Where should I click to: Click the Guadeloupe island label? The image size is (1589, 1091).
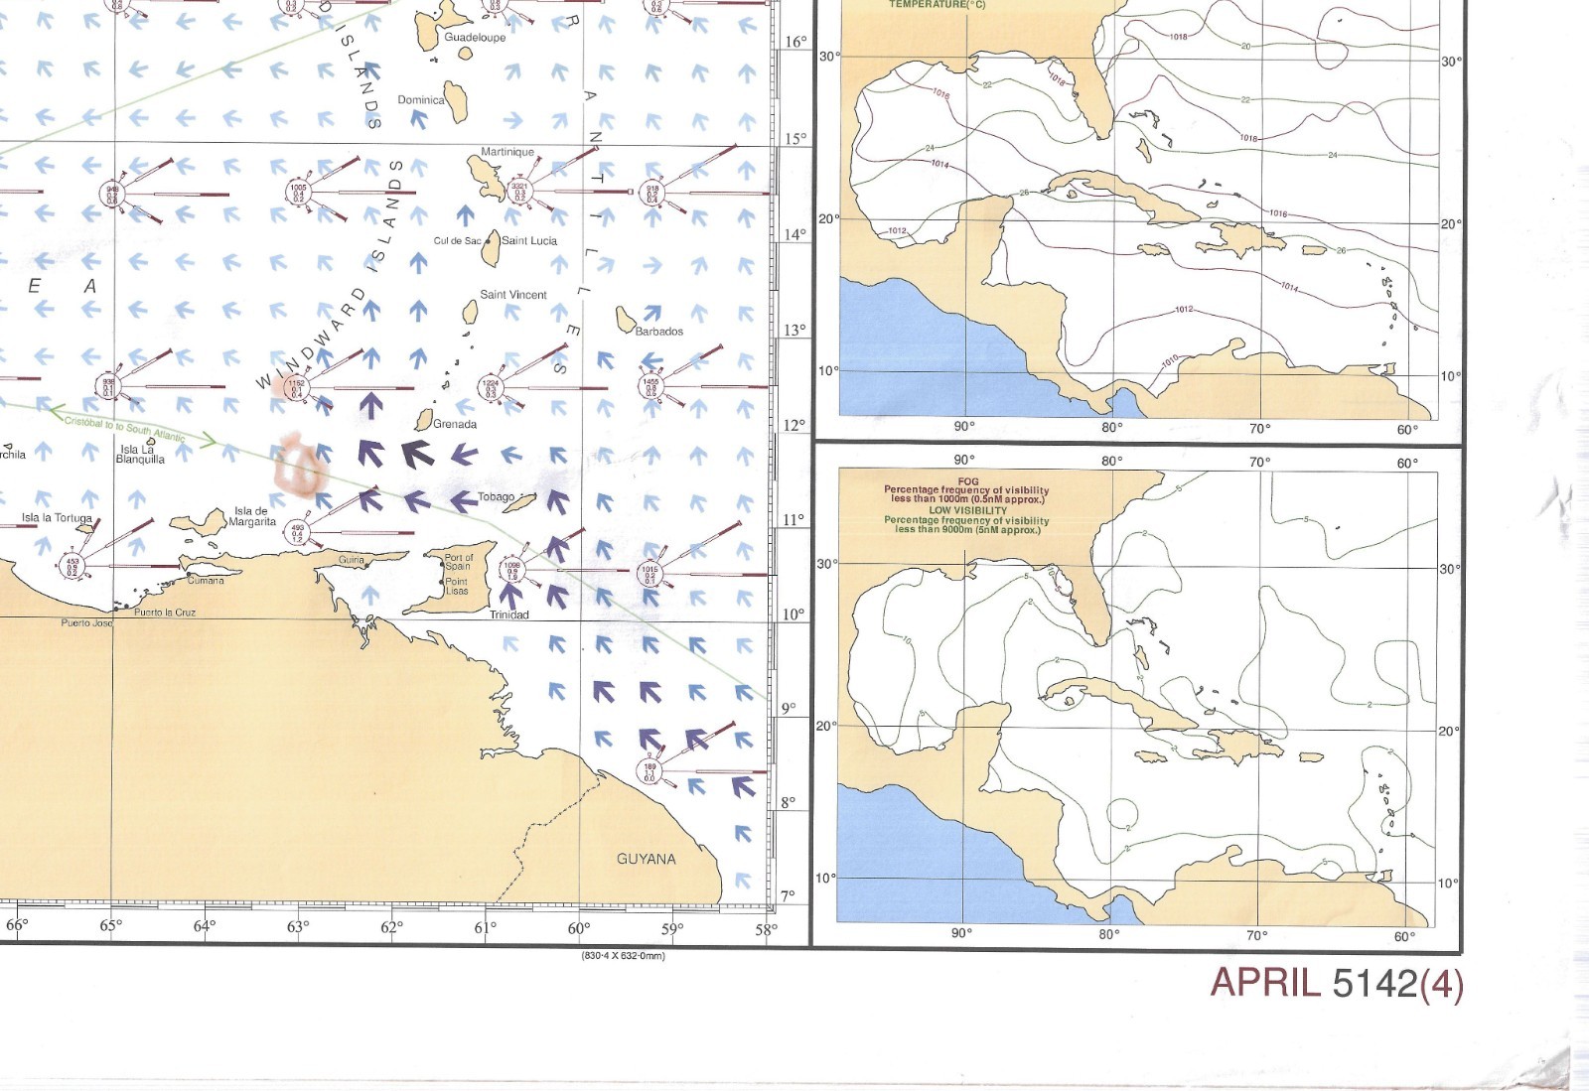pos(475,38)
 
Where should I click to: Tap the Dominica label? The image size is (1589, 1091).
pos(420,100)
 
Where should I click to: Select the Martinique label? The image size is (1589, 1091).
pos(507,153)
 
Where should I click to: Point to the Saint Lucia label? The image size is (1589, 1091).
pos(529,241)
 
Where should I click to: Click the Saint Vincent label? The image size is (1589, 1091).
pos(513,295)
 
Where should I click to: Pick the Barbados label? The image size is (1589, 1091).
pos(659,332)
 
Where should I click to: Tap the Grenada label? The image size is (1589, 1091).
pos(455,425)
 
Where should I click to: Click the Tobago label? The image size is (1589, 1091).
pos(497,497)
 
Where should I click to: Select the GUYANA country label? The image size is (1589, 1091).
pos(647,860)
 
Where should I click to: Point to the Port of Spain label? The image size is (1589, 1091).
pos(458,562)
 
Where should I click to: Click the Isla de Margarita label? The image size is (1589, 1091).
pos(251,517)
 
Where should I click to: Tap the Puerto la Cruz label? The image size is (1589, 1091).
pos(165,613)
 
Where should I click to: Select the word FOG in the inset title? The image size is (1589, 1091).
pos(968,481)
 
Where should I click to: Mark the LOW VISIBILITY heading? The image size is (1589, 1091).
pos(967,510)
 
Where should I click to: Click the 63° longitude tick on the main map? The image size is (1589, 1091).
pos(297,927)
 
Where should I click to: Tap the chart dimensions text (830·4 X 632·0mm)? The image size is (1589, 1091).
pos(623,956)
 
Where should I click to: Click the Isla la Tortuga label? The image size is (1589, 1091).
pos(57,518)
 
